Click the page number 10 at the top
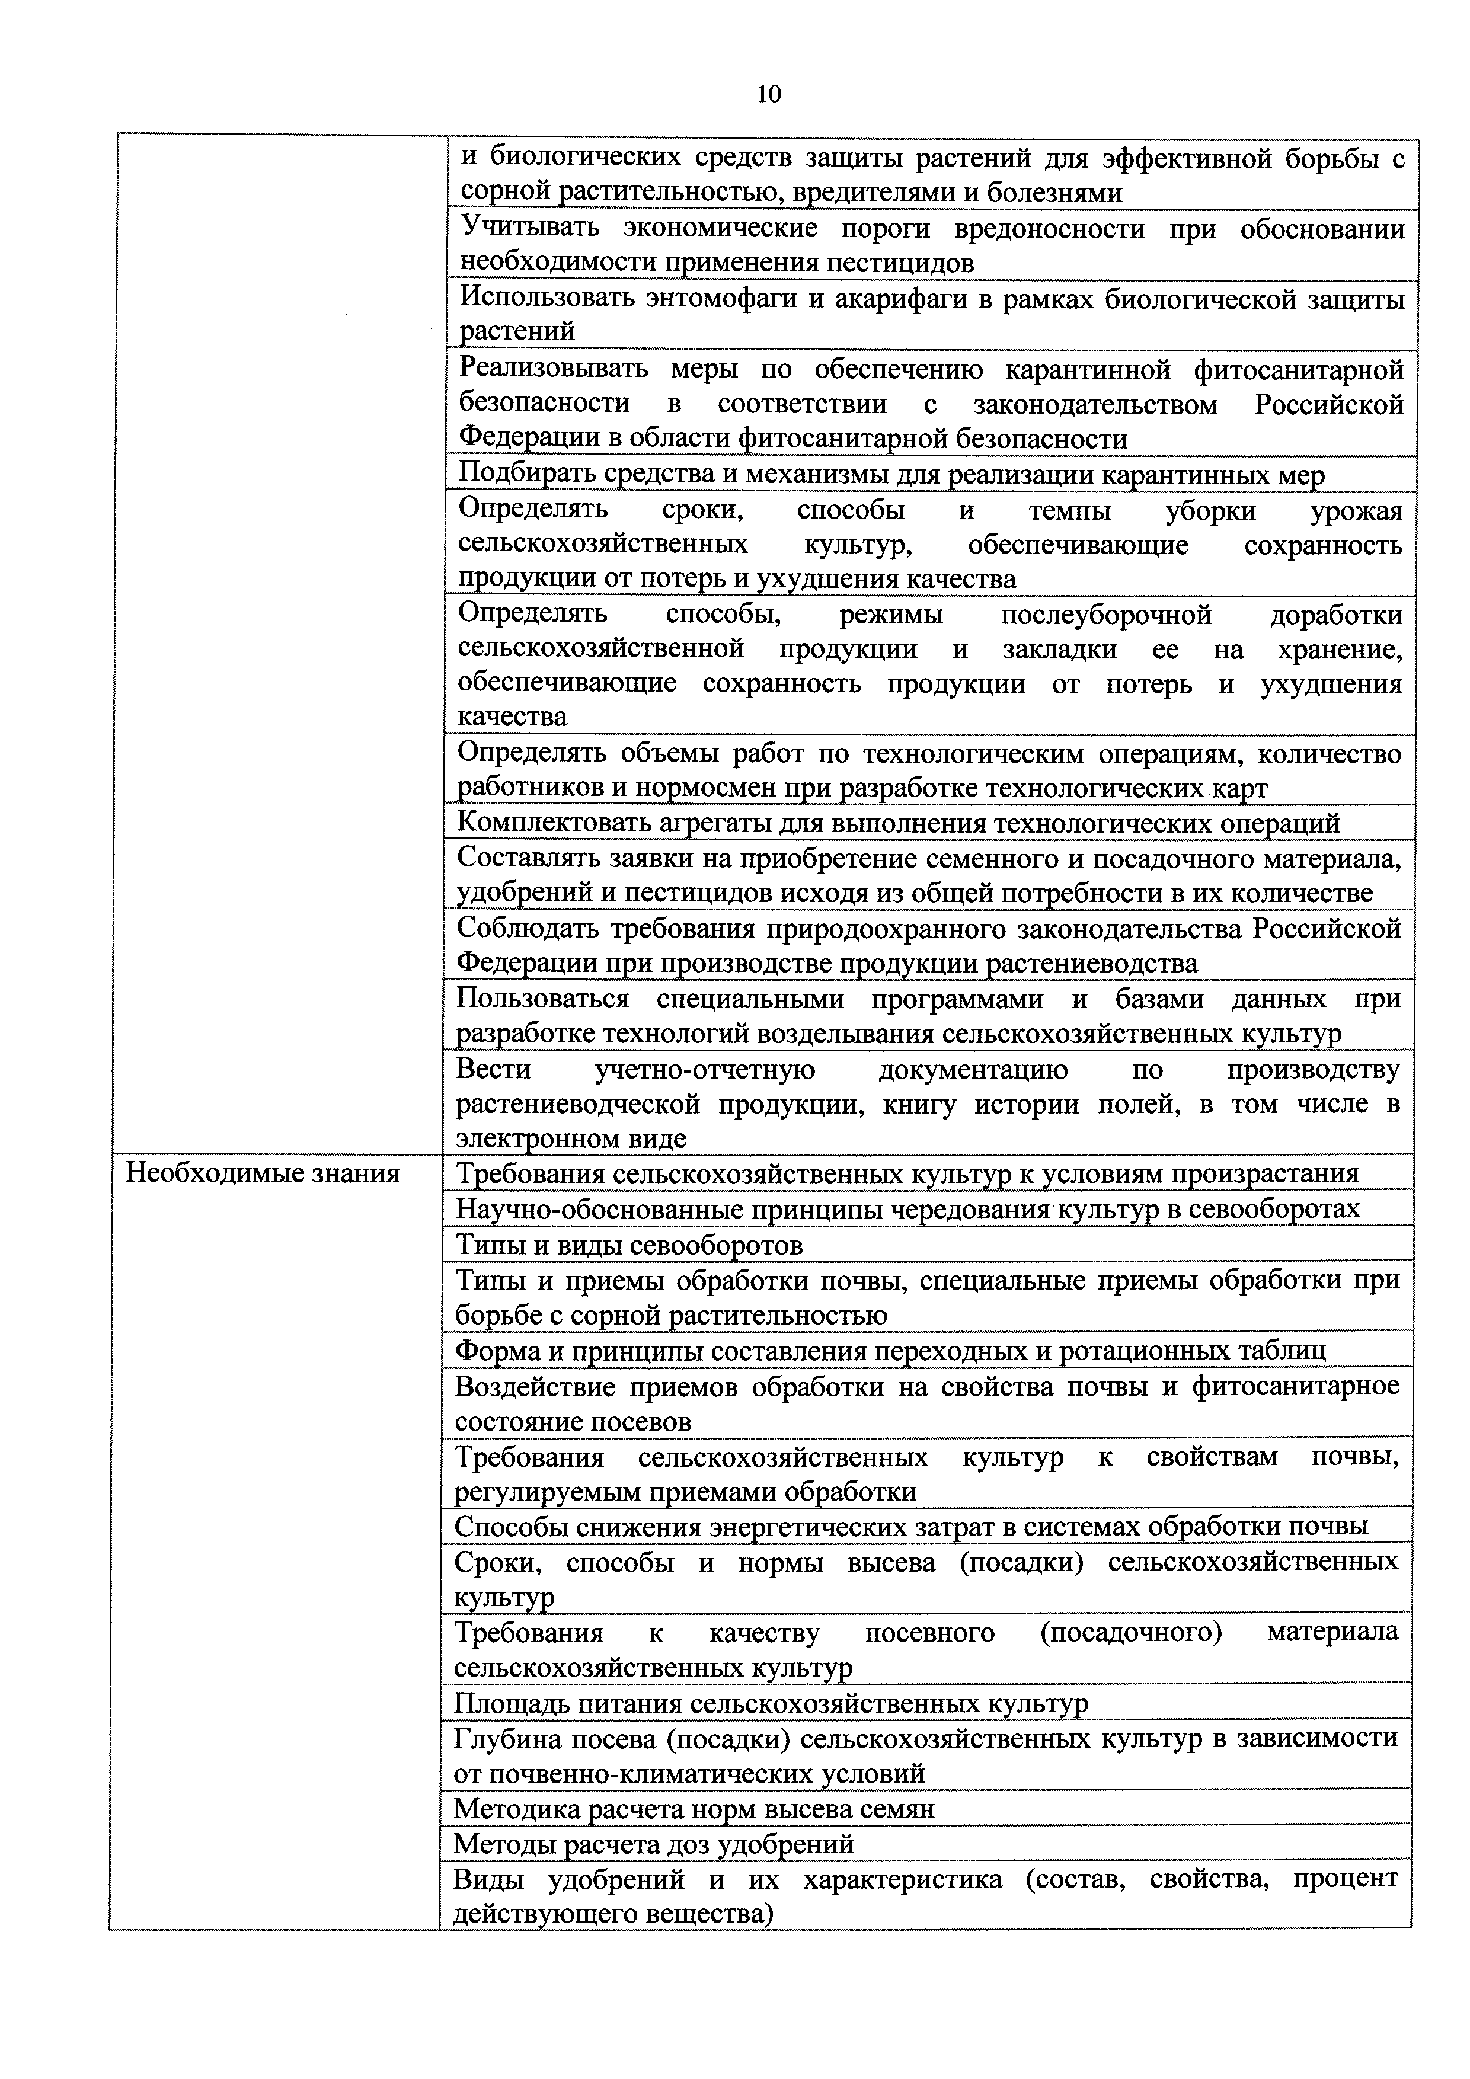point(768,94)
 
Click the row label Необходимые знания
point(262,1173)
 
